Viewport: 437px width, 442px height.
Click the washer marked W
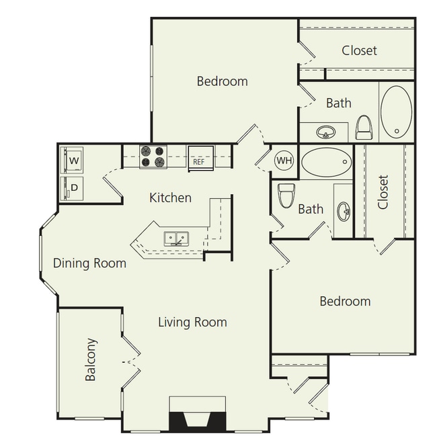(x=73, y=161)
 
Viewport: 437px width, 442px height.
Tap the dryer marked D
(x=73, y=187)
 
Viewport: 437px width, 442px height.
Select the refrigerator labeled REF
(x=200, y=159)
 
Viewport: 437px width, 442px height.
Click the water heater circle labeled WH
(x=284, y=161)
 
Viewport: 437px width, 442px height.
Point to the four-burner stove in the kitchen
(x=153, y=157)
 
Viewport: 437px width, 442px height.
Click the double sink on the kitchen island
(x=176, y=238)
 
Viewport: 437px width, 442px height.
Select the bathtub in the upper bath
(x=396, y=110)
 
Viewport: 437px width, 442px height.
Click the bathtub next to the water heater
(x=326, y=161)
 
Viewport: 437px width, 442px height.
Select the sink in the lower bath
(x=344, y=212)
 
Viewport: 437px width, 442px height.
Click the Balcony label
(x=92, y=359)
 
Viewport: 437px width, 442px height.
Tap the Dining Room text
(x=89, y=263)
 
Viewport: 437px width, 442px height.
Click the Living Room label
(x=192, y=322)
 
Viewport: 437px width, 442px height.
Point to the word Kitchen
(x=170, y=197)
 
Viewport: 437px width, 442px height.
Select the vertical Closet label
(x=383, y=192)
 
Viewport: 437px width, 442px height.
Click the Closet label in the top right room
(x=359, y=50)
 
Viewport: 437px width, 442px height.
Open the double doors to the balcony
(x=130, y=363)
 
